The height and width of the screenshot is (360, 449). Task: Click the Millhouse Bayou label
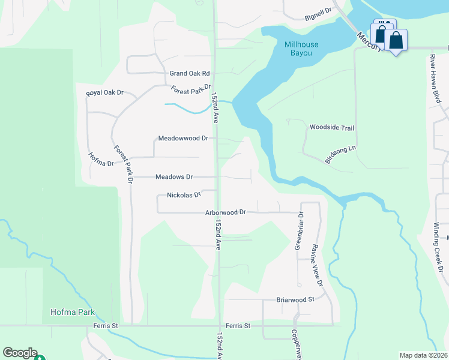[x=298, y=49]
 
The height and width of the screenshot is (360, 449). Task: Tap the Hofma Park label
[x=72, y=313]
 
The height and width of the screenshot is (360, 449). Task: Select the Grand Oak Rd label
[x=189, y=73]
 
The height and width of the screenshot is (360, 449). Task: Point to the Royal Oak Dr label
[x=104, y=93]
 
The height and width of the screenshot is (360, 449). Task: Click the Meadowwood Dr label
[x=182, y=138]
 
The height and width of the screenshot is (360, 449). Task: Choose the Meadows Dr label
[x=174, y=177]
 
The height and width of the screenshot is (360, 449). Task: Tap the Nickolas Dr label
[x=184, y=195]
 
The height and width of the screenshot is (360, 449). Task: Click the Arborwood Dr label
[x=226, y=212]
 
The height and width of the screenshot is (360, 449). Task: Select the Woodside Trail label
[x=332, y=127]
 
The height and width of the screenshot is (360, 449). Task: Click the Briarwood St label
[x=295, y=299]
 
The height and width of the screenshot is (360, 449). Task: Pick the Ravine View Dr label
[x=318, y=265]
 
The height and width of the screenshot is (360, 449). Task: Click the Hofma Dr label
[x=101, y=160]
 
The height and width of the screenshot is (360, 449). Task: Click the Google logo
[x=19, y=353]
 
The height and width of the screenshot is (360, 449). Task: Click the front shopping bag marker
[x=396, y=41]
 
